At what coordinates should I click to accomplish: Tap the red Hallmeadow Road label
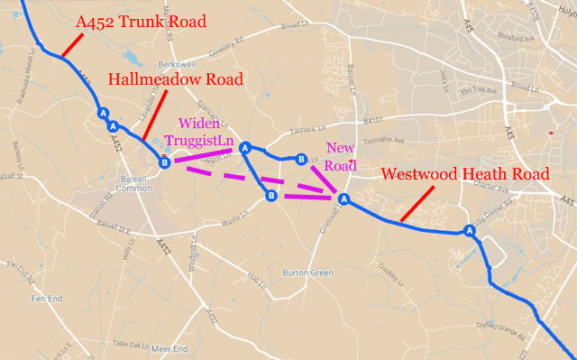176,79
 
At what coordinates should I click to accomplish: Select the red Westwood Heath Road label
459,174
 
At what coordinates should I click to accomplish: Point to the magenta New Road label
342,155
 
